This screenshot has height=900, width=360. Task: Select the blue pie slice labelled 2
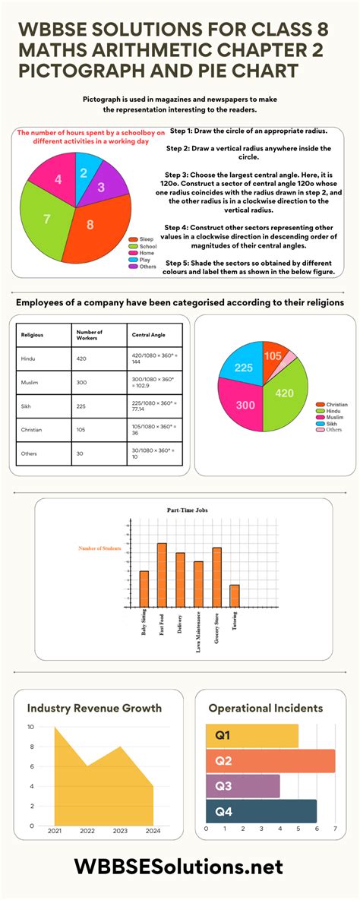(x=83, y=173)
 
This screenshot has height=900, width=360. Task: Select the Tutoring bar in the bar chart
(x=235, y=596)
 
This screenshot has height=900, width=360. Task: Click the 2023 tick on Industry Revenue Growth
(x=120, y=832)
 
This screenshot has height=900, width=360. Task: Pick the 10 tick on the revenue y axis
(x=30, y=727)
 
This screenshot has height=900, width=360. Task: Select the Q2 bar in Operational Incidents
(x=270, y=761)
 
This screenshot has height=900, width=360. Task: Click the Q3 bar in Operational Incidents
(x=242, y=786)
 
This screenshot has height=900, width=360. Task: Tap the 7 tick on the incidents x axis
(x=335, y=829)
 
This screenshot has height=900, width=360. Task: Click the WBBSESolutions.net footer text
(x=179, y=867)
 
